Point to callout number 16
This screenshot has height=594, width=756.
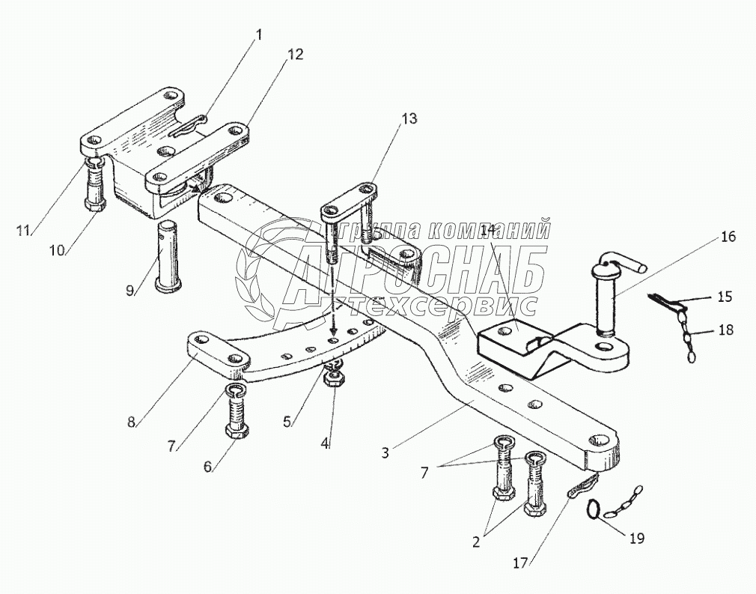click(728, 237)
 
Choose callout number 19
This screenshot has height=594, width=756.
click(636, 539)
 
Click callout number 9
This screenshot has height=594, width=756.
click(130, 291)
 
